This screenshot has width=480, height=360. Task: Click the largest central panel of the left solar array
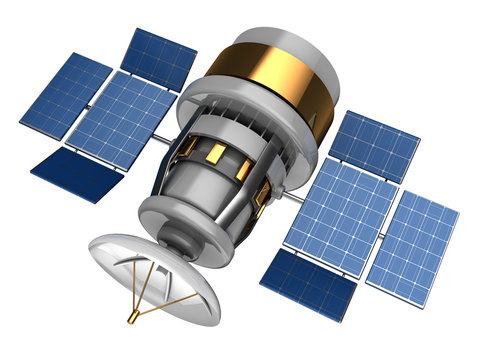point(120,119)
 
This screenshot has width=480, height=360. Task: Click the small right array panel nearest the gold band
point(374,145)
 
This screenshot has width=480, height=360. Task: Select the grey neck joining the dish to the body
point(179,239)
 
